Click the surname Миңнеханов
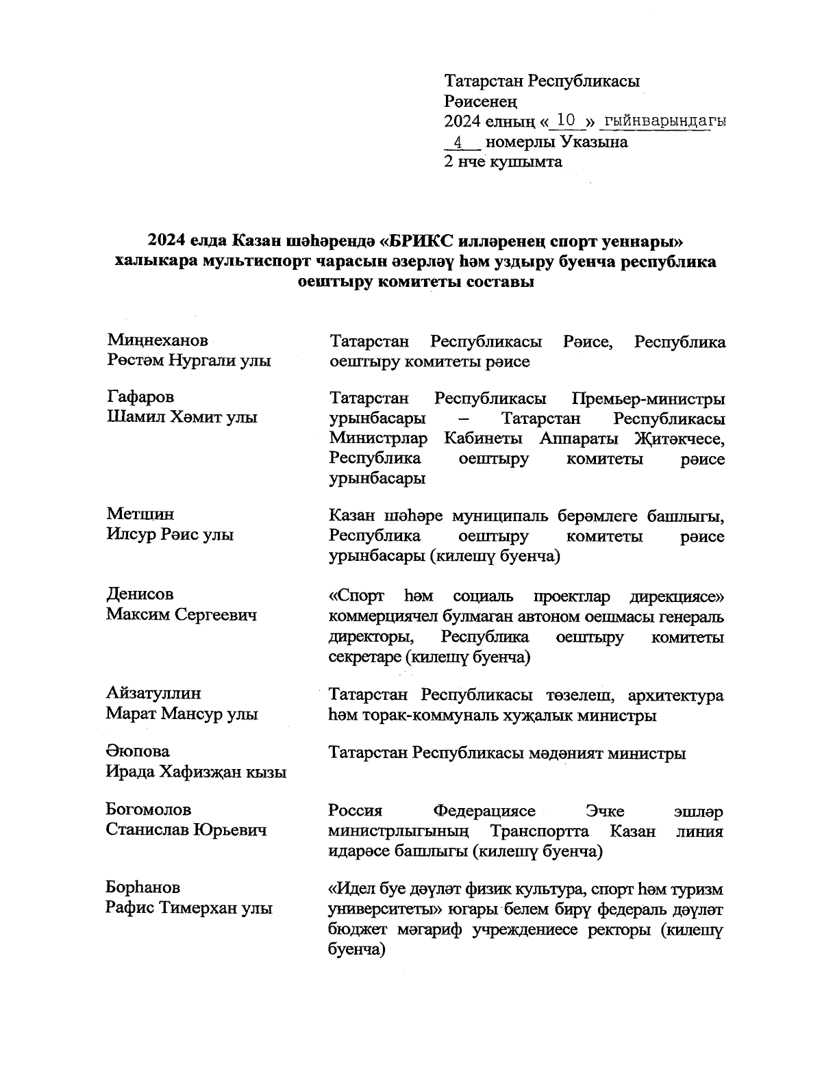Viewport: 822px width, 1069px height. coord(158,340)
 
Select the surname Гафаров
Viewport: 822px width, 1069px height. coord(140,397)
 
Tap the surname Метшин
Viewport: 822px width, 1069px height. coord(140,514)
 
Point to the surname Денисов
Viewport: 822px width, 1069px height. coord(140,594)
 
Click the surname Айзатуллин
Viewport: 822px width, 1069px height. coord(153,693)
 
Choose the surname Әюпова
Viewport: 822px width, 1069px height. coord(138,751)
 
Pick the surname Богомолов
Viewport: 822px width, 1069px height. coord(149,809)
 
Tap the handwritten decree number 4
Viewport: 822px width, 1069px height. coord(458,142)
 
